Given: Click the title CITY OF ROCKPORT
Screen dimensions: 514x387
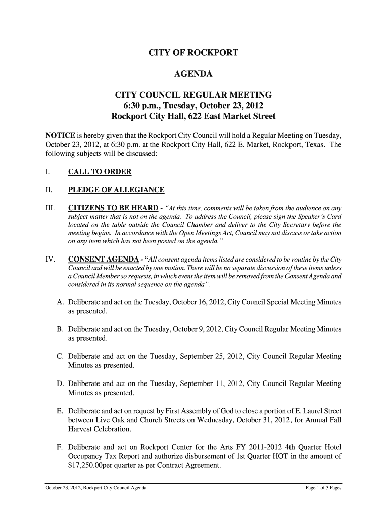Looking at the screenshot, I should [x=193, y=53].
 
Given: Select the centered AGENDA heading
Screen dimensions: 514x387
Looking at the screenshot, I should [x=193, y=75].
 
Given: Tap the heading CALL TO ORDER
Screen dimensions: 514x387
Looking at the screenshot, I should [x=100, y=172].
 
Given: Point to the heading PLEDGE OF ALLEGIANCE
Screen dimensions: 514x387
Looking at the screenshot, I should [x=116, y=190].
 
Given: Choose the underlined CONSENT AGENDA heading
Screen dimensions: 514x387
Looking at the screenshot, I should [x=104, y=259].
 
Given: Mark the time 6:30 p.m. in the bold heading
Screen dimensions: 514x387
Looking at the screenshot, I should [x=145, y=106].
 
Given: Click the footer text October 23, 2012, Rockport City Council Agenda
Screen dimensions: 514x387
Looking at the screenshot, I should [x=95, y=488].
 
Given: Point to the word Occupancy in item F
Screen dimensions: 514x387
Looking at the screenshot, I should [x=86, y=456].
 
